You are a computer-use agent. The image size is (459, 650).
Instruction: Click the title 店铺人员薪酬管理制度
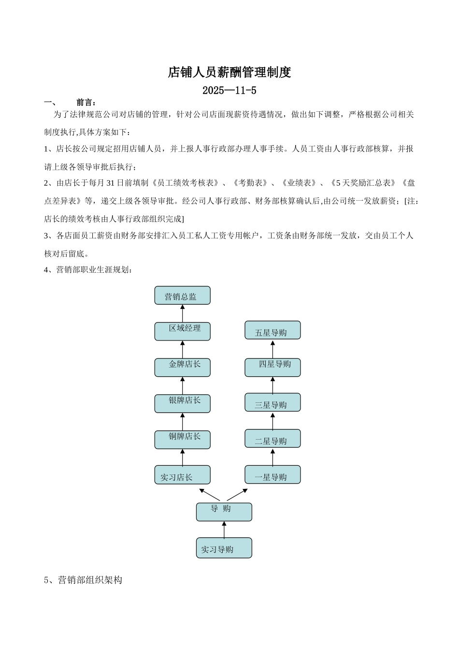pyautogui.click(x=229, y=73)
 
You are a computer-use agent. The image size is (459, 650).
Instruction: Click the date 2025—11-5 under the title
pyautogui.click(x=229, y=90)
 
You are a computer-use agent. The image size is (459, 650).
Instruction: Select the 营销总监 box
pyautogui.click(x=182, y=295)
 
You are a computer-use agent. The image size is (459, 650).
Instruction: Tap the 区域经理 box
pyautogui.click(x=182, y=331)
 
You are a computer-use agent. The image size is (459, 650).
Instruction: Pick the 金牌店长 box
pyautogui.click(x=182, y=367)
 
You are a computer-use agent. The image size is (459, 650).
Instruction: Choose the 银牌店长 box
pyautogui.click(x=182, y=403)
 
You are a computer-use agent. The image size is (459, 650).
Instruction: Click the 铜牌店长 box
pyautogui.click(x=182, y=440)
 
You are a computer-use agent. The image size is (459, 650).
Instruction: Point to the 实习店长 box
pyautogui.click(x=182, y=475)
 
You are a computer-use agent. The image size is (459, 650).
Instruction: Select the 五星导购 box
pyautogui.click(x=273, y=330)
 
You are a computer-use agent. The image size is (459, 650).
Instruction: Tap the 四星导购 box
pyautogui.click(x=273, y=367)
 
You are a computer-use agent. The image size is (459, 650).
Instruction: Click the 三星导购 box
pyautogui.click(x=273, y=403)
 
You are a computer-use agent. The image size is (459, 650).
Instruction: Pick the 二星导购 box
pyautogui.click(x=273, y=439)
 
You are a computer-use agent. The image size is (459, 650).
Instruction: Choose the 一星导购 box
pyautogui.click(x=273, y=475)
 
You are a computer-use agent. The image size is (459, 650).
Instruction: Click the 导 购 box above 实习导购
pyautogui.click(x=224, y=512)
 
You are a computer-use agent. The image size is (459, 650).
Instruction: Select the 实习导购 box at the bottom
pyautogui.click(x=224, y=548)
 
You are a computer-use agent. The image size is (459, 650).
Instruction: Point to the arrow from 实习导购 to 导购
pyautogui.click(x=224, y=530)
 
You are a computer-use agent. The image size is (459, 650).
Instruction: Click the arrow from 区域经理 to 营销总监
pyautogui.click(x=183, y=313)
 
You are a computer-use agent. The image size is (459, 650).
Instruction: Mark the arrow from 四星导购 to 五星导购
pyautogui.click(x=273, y=349)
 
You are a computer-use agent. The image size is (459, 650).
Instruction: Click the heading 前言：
pyautogui.click(x=86, y=103)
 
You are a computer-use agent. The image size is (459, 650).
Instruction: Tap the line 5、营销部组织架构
pyautogui.click(x=83, y=580)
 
